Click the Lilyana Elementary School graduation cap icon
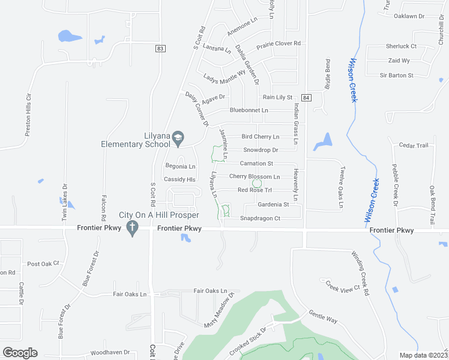[178, 139]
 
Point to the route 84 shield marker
[307, 97]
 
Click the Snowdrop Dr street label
[261, 150]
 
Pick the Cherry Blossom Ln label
[255, 176]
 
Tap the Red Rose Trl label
[255, 190]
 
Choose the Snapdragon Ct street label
[260, 218]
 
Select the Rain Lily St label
[277, 97]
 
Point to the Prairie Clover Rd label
[279, 44]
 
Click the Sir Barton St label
[397, 76]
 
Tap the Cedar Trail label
[414, 146]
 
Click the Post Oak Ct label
[44, 264]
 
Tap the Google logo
[20, 353]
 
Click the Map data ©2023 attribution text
[423, 355]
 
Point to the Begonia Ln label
[180, 166]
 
